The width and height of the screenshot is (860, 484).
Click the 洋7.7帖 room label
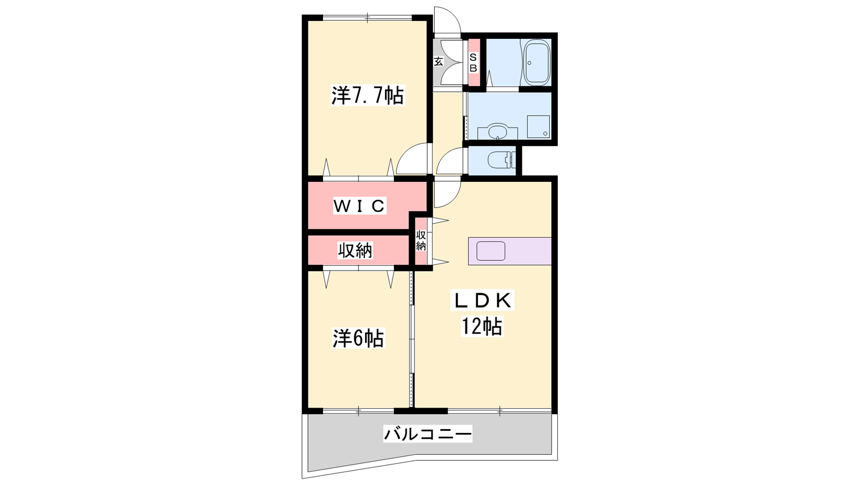point(368,96)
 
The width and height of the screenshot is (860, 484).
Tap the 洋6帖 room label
point(358,338)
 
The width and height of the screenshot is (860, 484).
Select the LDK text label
point(483,301)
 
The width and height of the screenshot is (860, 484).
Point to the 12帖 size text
point(482,326)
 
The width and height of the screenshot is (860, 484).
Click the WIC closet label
point(360,207)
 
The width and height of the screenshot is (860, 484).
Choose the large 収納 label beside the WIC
point(355,251)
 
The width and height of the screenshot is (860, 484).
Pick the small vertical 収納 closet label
point(421,241)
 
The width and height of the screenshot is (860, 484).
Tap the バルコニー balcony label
point(428,435)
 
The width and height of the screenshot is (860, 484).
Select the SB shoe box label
point(474,62)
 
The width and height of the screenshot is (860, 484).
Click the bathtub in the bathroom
point(537,62)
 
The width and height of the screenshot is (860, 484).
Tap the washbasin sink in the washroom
point(498,131)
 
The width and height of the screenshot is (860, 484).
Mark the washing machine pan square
point(538,127)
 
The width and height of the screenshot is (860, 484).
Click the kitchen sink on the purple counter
point(491,251)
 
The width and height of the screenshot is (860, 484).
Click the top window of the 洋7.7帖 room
point(368,17)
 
